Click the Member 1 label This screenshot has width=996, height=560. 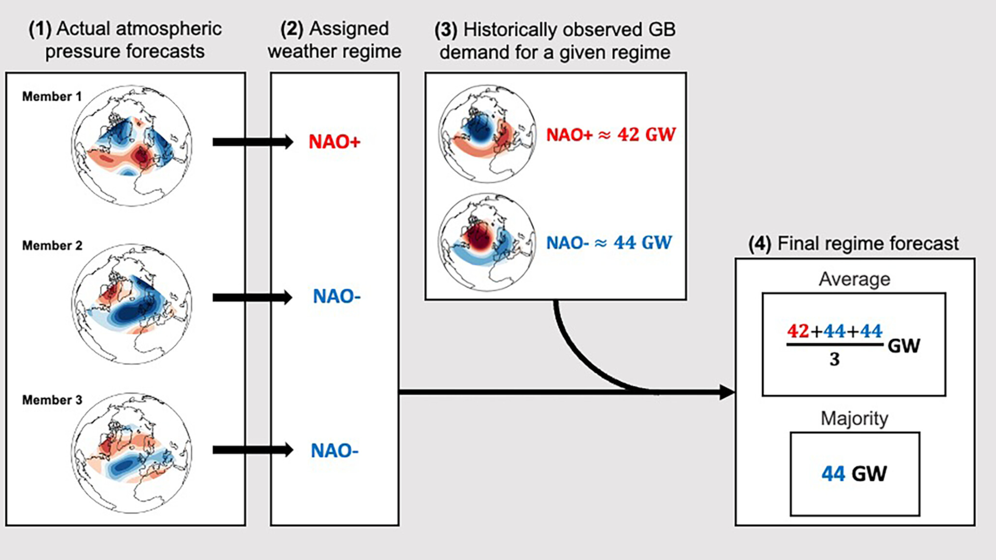pos(52,96)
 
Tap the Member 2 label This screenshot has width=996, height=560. pos(52,245)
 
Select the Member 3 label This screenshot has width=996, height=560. pos(52,400)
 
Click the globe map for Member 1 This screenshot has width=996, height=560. pos(132,146)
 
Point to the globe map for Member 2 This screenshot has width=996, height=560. pos(132,304)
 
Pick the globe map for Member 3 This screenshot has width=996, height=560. pos(132,453)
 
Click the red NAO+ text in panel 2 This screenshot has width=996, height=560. pos(334,142)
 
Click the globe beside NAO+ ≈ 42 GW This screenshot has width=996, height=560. pos(487,134)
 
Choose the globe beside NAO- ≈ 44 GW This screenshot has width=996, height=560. pos(487,242)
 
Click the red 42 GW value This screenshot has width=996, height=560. pos(646,135)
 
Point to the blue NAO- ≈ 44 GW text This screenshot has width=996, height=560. pos(609,243)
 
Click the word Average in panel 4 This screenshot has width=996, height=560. pos(854,279)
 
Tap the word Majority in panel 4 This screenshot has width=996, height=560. pos(854,418)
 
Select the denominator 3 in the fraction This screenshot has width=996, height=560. pos(834,359)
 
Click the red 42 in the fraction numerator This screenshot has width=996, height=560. pos(798,331)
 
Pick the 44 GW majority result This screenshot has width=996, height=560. pos(854,473)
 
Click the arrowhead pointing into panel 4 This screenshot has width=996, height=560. pos(727,392)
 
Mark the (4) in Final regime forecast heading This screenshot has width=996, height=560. pos(760,243)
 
